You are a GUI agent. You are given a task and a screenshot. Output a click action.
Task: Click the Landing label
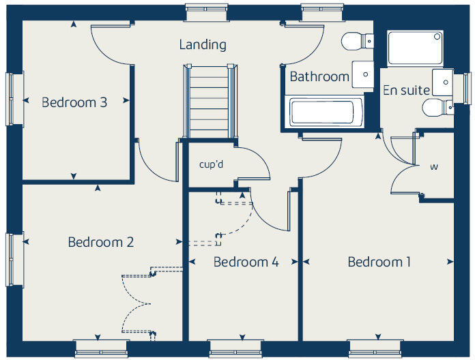[x=203, y=45]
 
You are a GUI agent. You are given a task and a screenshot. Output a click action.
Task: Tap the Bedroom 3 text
[x=74, y=102]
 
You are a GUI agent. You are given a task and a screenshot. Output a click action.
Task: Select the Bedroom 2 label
[x=100, y=242]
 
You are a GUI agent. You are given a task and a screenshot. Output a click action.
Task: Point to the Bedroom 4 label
[x=246, y=262]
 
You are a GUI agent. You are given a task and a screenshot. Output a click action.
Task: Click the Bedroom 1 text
[x=379, y=262]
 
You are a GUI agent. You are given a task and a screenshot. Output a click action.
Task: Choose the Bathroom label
[x=319, y=76]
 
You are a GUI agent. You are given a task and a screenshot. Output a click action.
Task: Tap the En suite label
[x=406, y=90]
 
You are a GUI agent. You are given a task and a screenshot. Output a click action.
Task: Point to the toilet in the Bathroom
[x=355, y=42]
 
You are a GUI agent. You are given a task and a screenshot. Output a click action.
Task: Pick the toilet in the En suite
[x=434, y=108]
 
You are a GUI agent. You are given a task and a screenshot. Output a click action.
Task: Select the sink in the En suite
[x=444, y=82]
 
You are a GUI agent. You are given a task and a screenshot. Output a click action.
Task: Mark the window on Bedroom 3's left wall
[x=11, y=100]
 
